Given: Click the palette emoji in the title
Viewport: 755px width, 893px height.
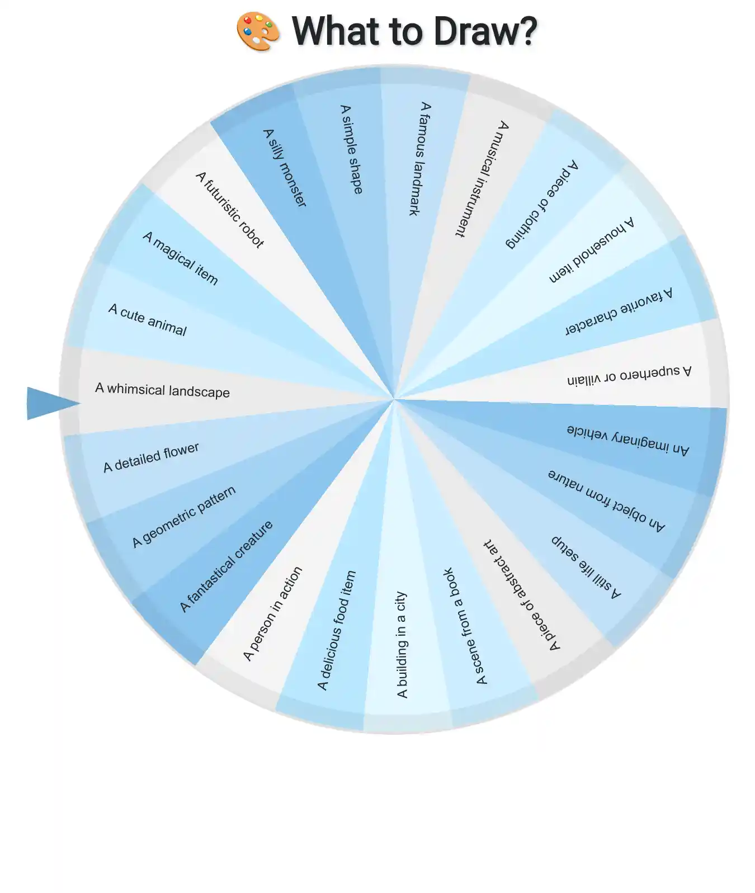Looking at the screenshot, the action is [x=258, y=31].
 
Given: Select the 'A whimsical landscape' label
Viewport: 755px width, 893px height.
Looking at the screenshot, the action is [x=162, y=390].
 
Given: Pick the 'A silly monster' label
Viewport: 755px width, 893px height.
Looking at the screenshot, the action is [x=285, y=168].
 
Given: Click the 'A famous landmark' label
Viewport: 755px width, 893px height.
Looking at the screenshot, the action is [x=419, y=158].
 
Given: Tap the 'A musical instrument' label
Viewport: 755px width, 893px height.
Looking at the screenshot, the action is [x=482, y=179].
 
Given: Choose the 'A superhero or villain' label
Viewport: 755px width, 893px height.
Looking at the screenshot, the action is [x=629, y=375].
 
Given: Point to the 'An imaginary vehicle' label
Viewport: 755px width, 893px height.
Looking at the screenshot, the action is [x=627, y=440].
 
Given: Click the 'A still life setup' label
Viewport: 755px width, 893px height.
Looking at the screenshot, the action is [x=586, y=567].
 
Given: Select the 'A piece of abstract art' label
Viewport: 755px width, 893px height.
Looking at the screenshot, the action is [x=522, y=595].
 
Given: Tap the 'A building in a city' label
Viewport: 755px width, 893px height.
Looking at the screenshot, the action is [x=402, y=645].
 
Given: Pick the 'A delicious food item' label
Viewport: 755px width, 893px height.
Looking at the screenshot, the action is [x=336, y=630].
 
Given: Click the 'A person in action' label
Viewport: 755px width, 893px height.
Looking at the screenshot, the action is [x=272, y=613].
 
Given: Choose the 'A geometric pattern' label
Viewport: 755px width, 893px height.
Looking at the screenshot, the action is [x=183, y=517].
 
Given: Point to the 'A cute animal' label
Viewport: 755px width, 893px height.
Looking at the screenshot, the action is [x=147, y=319].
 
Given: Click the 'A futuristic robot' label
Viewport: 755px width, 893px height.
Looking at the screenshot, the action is [x=229, y=210].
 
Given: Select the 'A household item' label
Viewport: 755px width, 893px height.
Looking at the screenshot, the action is [x=592, y=249].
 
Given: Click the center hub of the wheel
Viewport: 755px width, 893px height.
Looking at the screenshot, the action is [x=394, y=399].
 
